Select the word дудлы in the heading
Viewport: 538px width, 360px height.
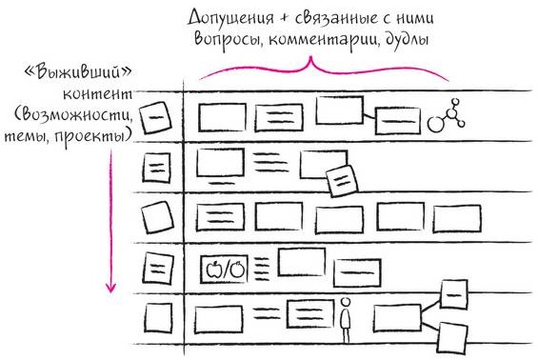coord(408,41)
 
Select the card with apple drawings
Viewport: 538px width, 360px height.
coord(225,269)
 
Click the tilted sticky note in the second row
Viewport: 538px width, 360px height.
coord(340,179)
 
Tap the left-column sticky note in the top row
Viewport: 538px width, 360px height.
coord(153,119)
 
